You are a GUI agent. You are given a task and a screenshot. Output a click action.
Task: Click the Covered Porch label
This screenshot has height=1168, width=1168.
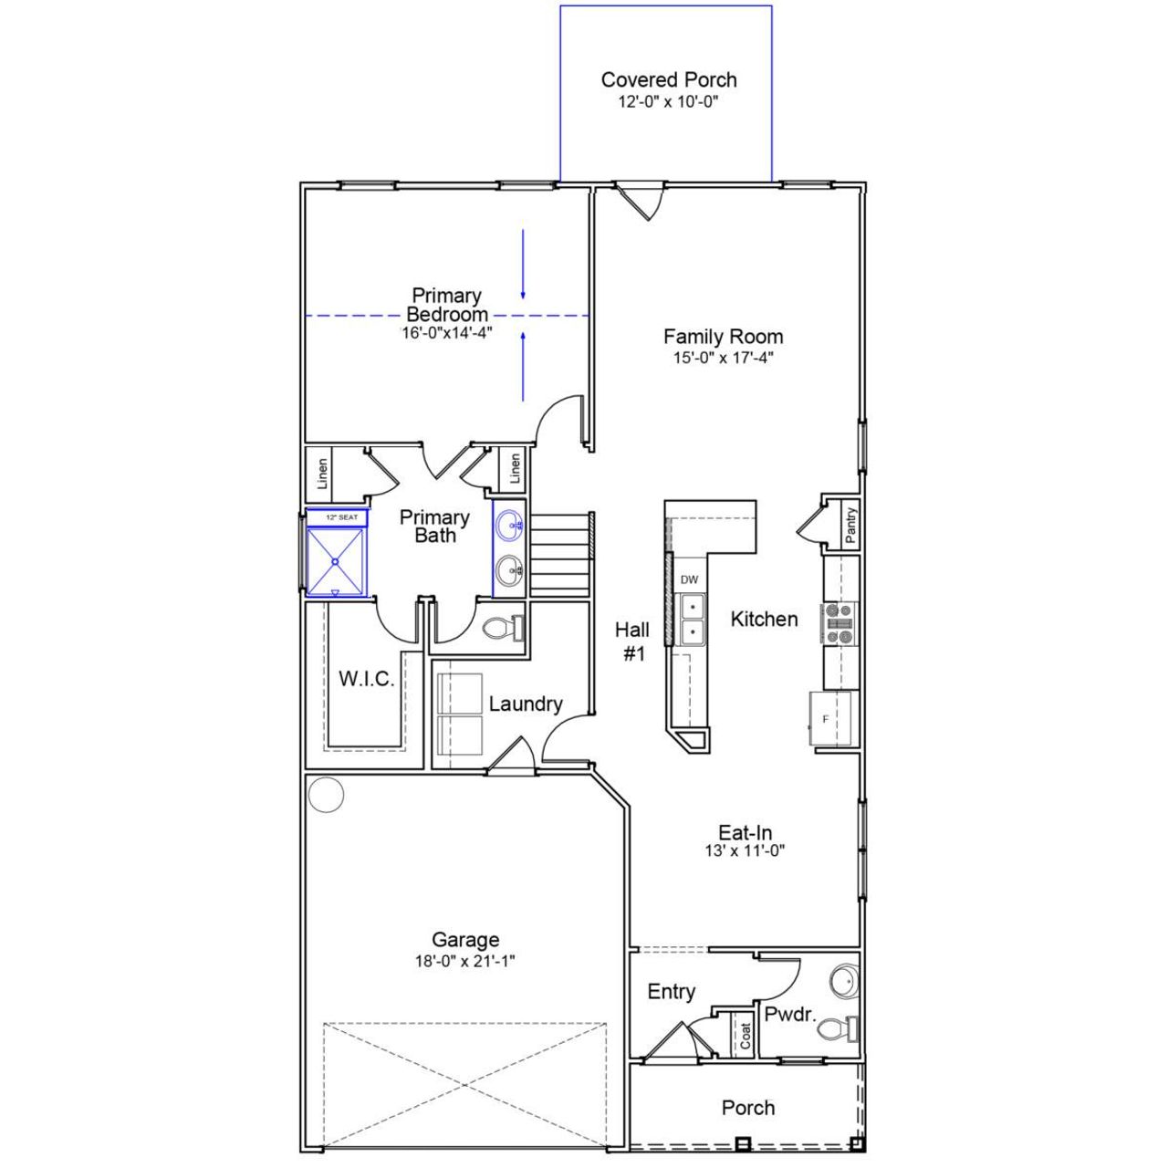[x=668, y=80]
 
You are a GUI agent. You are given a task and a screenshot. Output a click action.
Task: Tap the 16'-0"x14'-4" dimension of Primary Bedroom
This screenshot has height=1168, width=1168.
[x=447, y=334]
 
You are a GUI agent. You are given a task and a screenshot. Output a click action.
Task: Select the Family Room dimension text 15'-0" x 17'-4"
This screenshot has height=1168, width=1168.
[x=723, y=358]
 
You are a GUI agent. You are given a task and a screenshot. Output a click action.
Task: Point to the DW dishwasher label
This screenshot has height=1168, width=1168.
[x=689, y=580]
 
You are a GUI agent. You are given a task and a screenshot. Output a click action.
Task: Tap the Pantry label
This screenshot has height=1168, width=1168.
[x=850, y=526]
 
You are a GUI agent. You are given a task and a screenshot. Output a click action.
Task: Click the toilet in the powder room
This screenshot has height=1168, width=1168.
[x=834, y=1029]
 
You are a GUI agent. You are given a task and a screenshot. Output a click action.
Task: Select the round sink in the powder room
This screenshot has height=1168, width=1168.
[x=844, y=982]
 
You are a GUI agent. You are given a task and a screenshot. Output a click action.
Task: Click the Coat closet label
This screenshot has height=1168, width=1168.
[x=746, y=1035]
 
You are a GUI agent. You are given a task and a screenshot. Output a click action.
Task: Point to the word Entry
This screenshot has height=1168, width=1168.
[x=671, y=992]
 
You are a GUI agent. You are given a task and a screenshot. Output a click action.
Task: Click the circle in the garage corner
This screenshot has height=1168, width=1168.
[x=326, y=795]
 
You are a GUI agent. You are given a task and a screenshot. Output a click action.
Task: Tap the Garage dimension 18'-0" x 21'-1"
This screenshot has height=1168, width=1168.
[x=465, y=961]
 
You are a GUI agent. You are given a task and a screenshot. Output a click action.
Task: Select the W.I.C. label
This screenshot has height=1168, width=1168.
[x=366, y=679]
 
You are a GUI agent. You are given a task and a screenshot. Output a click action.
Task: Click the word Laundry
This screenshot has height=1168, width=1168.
[x=525, y=704]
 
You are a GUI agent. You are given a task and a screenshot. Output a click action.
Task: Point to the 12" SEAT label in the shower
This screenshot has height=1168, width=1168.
[x=341, y=517]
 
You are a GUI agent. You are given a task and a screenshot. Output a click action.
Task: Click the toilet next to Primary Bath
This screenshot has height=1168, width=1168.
[x=500, y=628]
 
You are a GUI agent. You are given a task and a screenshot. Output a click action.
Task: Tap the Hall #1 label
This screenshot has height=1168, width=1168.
[x=632, y=641]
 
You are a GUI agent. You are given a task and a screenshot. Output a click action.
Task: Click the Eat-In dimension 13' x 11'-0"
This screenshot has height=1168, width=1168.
[x=745, y=851]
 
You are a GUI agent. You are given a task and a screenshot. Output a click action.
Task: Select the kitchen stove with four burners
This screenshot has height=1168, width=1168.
[x=839, y=622]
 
